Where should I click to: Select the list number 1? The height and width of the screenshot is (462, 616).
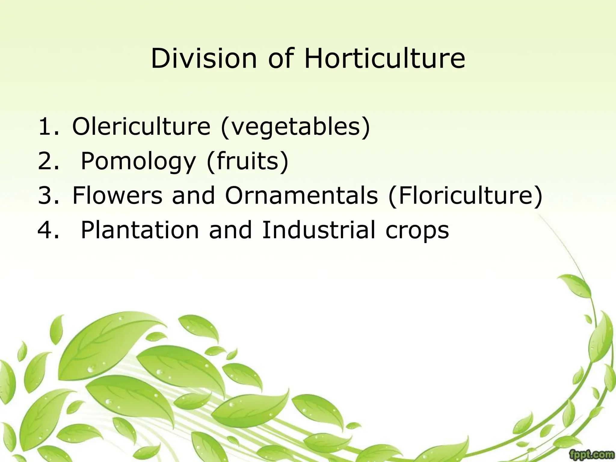coord(48,127)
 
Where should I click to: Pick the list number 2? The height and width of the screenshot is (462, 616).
coord(48,161)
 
